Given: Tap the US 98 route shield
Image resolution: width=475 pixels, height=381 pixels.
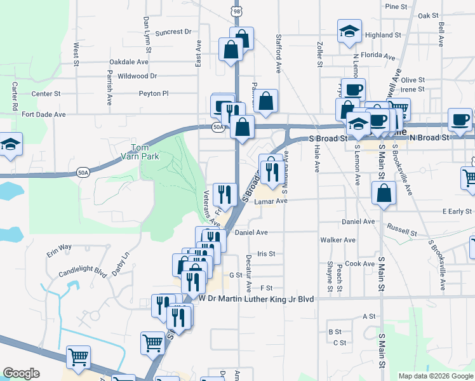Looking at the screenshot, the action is click(236, 10).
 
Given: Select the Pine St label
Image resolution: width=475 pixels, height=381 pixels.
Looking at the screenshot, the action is click(396, 6).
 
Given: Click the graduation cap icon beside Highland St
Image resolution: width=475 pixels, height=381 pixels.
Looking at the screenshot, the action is click(349, 34).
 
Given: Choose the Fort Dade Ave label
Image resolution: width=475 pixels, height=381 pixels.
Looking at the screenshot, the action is click(44, 115).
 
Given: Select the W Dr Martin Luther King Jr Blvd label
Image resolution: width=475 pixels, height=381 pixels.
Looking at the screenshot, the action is click(257, 298).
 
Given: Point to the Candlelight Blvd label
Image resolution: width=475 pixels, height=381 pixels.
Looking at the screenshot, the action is click(81, 272).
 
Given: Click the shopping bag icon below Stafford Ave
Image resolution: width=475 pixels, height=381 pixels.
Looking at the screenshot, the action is click(267, 101).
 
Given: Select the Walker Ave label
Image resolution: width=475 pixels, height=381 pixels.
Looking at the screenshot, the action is click(338, 240).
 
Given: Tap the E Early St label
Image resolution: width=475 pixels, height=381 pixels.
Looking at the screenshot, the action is click(457, 211).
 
